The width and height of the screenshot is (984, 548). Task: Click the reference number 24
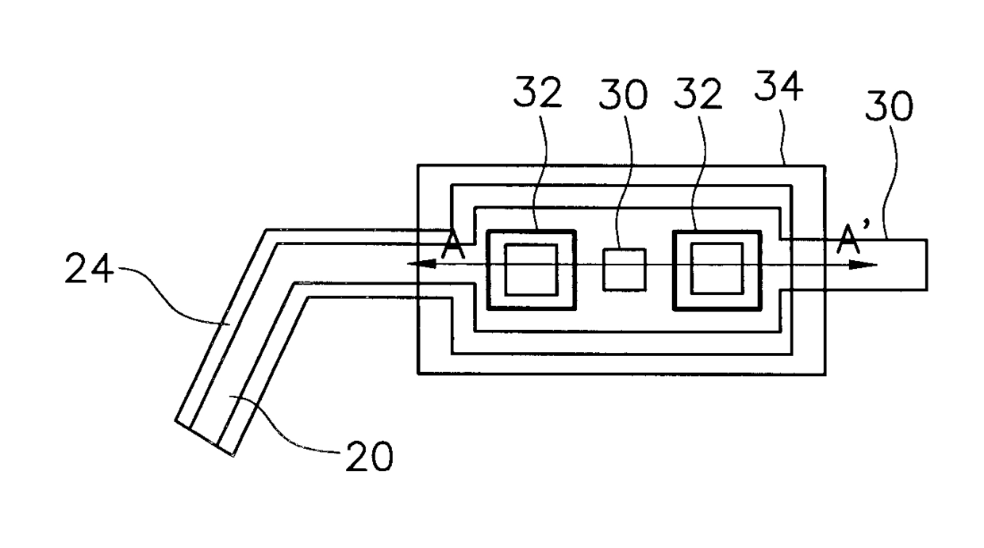[89, 268]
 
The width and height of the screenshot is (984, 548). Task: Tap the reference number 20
[370, 456]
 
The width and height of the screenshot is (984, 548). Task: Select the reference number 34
[778, 86]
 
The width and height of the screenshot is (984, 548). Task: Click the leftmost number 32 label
[538, 92]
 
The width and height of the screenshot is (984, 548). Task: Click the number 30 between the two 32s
[623, 94]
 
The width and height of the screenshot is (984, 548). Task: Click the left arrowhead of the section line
[421, 264]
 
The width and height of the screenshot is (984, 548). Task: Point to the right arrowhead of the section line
[863, 265]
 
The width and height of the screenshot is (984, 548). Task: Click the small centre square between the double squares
[625, 270]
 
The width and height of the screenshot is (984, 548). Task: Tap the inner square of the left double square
[531, 244]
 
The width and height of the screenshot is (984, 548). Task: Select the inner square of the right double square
[717, 243]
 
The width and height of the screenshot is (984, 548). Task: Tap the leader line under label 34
[782, 136]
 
